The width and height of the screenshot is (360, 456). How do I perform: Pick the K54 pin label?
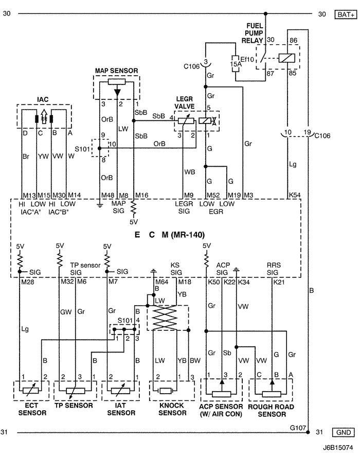click(295, 196)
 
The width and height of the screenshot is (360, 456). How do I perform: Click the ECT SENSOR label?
click(32, 409)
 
